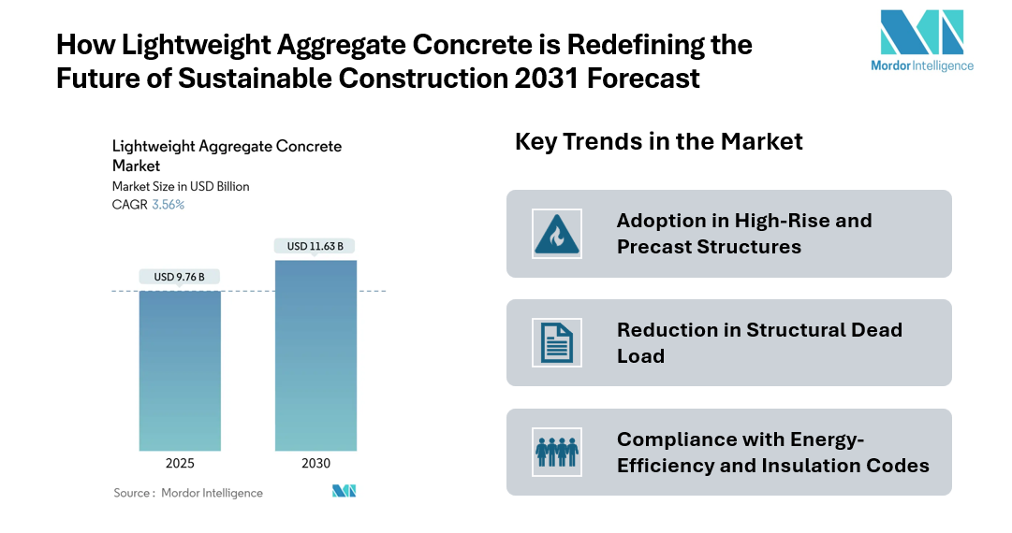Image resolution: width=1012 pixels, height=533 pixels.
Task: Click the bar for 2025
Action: coord(179,370)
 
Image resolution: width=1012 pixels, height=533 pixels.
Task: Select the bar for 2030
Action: coord(315,355)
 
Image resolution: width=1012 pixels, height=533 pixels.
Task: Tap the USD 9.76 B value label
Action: coord(179,277)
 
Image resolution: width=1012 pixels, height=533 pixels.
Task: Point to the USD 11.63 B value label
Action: coord(315,246)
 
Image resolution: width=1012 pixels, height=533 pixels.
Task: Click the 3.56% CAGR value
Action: coord(168,205)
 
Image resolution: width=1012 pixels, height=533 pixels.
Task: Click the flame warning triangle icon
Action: coord(556,234)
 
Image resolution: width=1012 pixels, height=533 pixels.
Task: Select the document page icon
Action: coord(556,342)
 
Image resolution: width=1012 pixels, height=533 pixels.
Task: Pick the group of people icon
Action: coord(556,452)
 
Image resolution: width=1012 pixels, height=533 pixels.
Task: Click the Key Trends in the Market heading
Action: coord(658,141)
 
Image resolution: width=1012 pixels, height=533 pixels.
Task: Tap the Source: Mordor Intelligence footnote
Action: coord(188,493)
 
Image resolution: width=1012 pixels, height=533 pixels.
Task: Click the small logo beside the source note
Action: coord(344,492)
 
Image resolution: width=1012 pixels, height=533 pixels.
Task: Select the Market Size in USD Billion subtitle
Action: coord(181,186)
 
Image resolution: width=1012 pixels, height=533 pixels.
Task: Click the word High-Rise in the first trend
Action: coord(769,221)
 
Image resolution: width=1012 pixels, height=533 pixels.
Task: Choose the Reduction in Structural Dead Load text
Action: coord(759,342)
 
